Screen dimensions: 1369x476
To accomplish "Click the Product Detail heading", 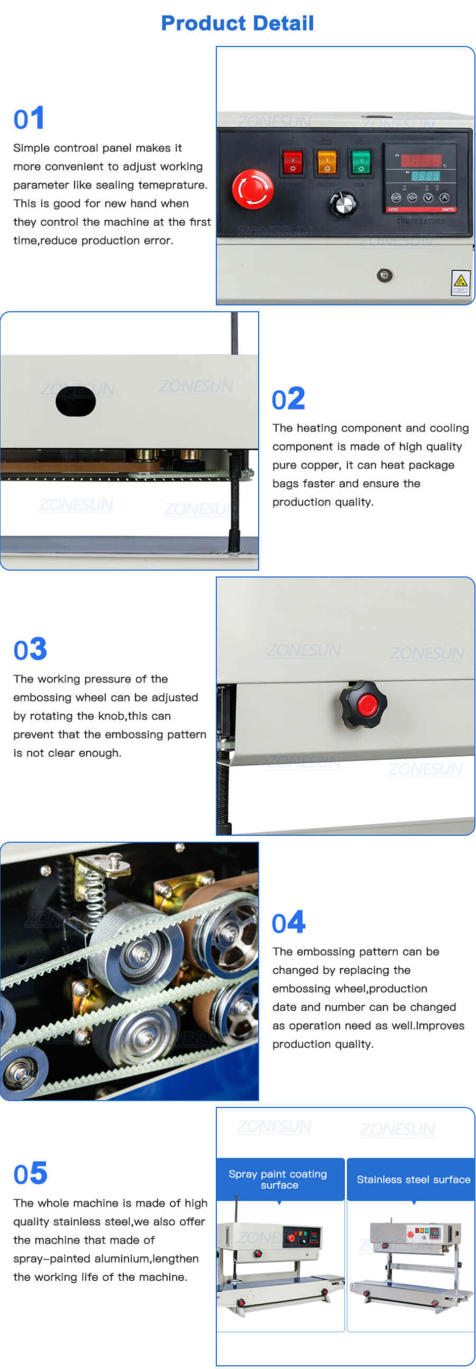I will click(x=237, y=23).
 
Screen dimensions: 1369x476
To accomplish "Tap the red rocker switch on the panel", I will click(x=292, y=162).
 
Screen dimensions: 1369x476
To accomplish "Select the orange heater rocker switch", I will click(x=327, y=162).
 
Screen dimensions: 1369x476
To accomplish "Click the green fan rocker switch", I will click(x=361, y=162).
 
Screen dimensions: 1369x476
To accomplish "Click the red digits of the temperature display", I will click(x=421, y=160).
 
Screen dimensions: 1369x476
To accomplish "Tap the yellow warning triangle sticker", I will click(x=459, y=281).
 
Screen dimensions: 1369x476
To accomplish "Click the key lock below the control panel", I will click(x=384, y=275).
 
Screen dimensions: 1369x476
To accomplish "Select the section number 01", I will click(x=29, y=119).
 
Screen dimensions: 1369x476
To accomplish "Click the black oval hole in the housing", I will click(x=75, y=401).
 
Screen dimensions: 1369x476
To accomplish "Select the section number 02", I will click(x=288, y=399).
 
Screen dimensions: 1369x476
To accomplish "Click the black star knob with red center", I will click(x=364, y=704).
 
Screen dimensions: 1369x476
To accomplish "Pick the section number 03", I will click(x=30, y=649).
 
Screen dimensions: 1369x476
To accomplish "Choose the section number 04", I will click(x=288, y=922).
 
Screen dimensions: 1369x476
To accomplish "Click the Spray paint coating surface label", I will click(x=279, y=1179).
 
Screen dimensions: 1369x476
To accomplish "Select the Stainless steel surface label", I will click(x=413, y=1179).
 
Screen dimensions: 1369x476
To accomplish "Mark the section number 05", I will click(x=30, y=1173).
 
